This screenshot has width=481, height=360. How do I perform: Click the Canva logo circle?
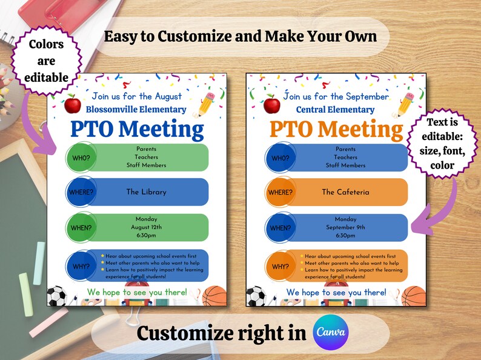[331, 333]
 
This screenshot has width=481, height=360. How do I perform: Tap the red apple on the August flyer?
[73, 104]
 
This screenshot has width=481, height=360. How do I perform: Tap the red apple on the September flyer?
[273, 104]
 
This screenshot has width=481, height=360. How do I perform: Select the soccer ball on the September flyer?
[256, 296]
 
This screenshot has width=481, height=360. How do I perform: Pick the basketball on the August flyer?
[214, 296]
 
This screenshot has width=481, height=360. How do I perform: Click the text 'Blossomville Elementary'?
[136, 110]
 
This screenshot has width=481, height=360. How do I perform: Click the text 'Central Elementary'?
[336, 110]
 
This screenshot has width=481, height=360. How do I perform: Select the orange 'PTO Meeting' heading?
[336, 129]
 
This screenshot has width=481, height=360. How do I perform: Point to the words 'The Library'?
[146, 192]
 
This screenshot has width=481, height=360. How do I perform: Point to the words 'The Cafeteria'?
[345, 192]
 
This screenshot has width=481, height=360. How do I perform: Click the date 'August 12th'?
[146, 227]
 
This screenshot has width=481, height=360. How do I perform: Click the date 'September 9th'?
[345, 227]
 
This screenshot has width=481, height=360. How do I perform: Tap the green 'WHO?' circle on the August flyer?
[80, 159]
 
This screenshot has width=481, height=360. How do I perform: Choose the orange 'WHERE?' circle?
[279, 193]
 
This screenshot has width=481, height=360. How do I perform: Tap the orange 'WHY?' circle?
[280, 267]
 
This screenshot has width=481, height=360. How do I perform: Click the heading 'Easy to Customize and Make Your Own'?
[240, 36]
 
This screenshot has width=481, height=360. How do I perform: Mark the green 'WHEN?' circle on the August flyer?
[80, 228]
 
